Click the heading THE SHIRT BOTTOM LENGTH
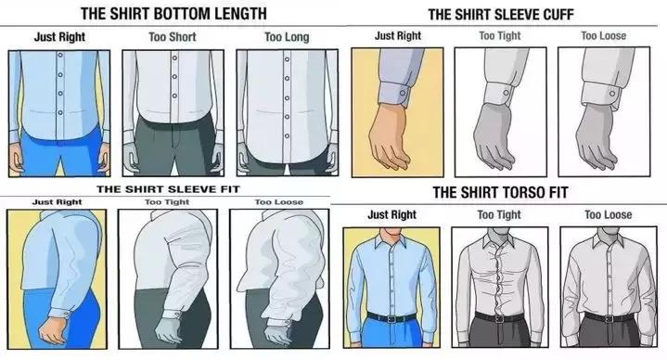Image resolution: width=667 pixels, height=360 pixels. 173,13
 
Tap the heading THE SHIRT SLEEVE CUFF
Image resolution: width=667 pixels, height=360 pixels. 501,15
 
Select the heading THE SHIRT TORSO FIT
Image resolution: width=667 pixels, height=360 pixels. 500,192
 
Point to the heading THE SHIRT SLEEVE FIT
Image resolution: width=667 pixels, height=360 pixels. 168,189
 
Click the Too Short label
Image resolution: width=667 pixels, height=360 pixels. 173,37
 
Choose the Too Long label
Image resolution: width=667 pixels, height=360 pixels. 287,37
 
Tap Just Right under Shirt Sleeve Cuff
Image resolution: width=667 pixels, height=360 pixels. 398,36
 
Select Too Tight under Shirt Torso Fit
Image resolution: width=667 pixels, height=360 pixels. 499,215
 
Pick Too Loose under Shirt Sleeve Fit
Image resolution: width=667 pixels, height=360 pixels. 279,202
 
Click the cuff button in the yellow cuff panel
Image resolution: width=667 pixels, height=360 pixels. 403,93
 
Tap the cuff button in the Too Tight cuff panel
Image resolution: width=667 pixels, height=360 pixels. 506,93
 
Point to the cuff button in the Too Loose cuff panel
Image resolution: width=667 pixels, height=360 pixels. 611,94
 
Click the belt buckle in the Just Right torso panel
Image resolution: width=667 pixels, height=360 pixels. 391,318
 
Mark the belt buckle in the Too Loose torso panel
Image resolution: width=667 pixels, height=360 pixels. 609,318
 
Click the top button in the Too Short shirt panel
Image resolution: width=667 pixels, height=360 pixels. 174,57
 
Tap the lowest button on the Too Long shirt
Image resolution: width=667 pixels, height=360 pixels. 288,136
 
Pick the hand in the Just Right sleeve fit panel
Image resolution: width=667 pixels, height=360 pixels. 54,330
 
